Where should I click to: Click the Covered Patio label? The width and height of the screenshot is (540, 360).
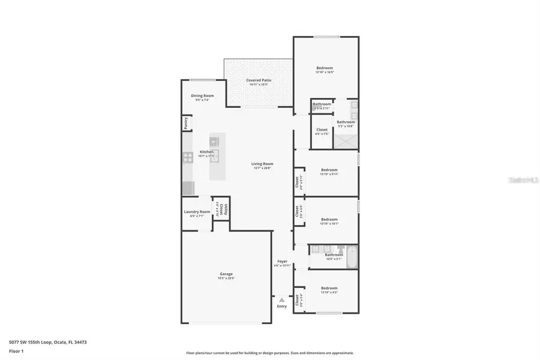(x=258, y=82)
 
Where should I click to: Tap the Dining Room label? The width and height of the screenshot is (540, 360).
(x=202, y=98)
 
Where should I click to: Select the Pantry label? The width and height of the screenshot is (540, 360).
(x=186, y=123)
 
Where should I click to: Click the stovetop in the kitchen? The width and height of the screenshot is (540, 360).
(x=186, y=158)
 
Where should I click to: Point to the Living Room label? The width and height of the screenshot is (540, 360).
(x=262, y=166)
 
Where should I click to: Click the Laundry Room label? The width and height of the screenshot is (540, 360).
(x=197, y=213)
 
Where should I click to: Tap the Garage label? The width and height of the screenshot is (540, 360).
(x=226, y=276)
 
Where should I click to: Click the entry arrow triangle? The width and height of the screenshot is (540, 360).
(x=281, y=299)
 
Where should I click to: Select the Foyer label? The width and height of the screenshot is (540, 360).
(x=282, y=263)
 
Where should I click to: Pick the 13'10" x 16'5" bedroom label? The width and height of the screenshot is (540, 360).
(x=325, y=70)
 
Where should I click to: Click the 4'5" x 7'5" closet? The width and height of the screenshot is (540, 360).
(x=322, y=131)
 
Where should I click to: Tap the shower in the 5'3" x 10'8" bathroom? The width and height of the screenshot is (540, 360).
(x=346, y=142)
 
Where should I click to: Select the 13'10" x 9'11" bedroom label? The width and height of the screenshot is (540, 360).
(x=329, y=172)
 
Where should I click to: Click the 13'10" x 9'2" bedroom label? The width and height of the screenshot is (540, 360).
(x=329, y=290)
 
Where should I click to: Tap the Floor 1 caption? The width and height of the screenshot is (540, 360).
(x=16, y=351)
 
